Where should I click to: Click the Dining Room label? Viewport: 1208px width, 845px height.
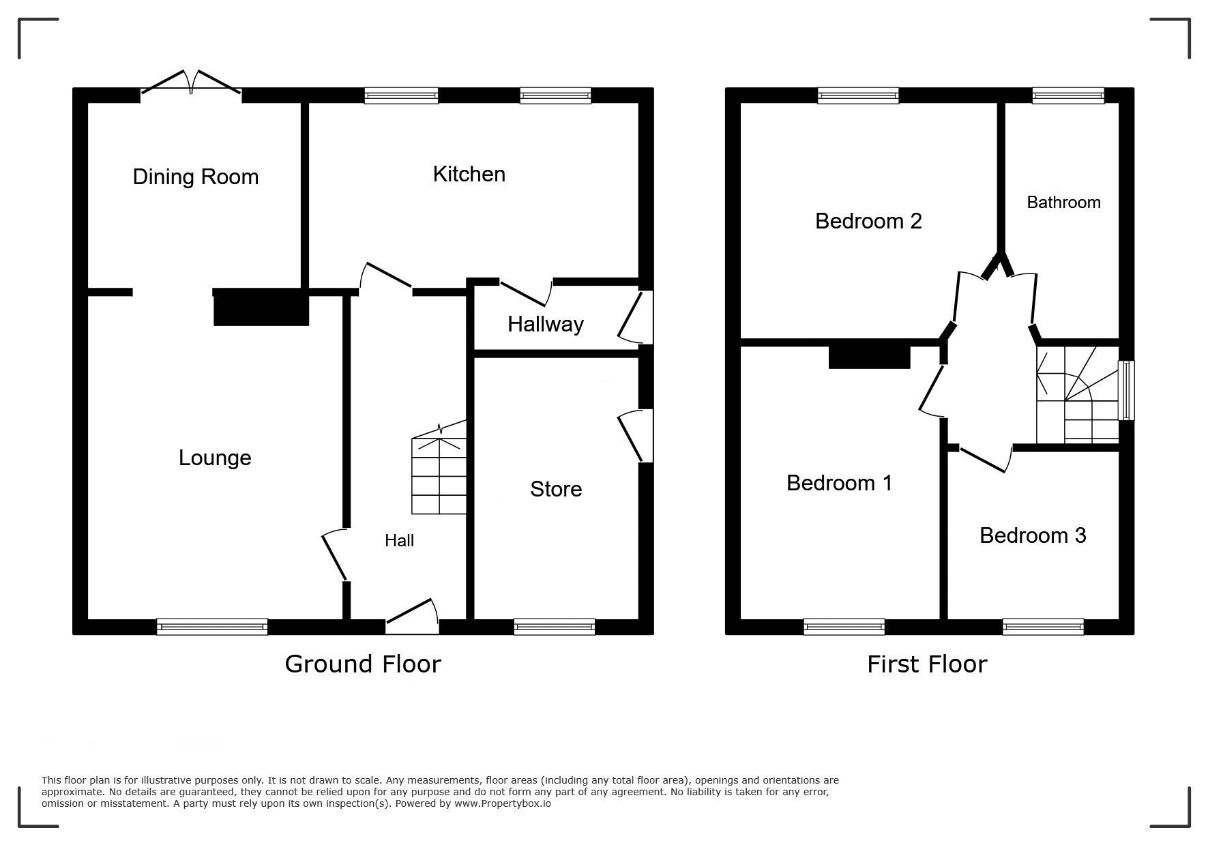click(196, 177)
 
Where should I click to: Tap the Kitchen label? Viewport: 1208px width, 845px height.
click(469, 174)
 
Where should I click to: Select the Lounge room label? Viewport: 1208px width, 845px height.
click(215, 458)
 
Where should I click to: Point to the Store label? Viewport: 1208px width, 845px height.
click(556, 489)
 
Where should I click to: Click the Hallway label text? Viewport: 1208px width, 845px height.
click(546, 324)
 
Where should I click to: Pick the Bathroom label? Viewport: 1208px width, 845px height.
click(1063, 202)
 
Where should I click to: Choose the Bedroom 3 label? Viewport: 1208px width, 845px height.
click(1033, 535)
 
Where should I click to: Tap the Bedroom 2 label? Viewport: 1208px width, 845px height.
click(868, 221)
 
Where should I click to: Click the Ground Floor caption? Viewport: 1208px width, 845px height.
click(363, 664)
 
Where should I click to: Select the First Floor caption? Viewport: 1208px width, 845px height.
click(927, 664)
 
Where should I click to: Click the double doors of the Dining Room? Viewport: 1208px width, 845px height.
click(191, 82)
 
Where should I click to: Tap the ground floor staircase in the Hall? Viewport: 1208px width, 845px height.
click(439, 467)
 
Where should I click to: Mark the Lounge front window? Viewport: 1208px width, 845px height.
click(212, 626)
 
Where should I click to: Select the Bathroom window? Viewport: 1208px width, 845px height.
click(1068, 95)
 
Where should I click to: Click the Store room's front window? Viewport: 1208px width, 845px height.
click(555, 626)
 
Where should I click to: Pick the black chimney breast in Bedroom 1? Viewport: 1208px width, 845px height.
click(870, 357)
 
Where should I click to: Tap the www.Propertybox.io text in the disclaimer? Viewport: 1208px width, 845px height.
click(503, 803)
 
